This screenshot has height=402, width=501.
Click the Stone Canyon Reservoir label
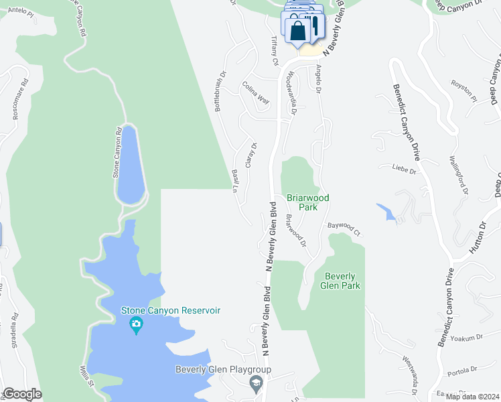click(170, 310)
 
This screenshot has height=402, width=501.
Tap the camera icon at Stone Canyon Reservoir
click(136, 326)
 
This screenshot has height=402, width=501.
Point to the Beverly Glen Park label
click(342, 281)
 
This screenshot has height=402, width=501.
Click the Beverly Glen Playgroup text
click(223, 369)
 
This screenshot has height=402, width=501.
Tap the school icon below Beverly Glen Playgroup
click(255, 384)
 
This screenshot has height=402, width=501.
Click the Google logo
click(22, 394)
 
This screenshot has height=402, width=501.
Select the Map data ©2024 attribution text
click(472, 397)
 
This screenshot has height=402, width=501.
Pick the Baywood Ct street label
click(344, 230)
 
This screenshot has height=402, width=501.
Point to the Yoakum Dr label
click(466, 340)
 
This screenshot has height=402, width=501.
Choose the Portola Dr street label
click(462, 369)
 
